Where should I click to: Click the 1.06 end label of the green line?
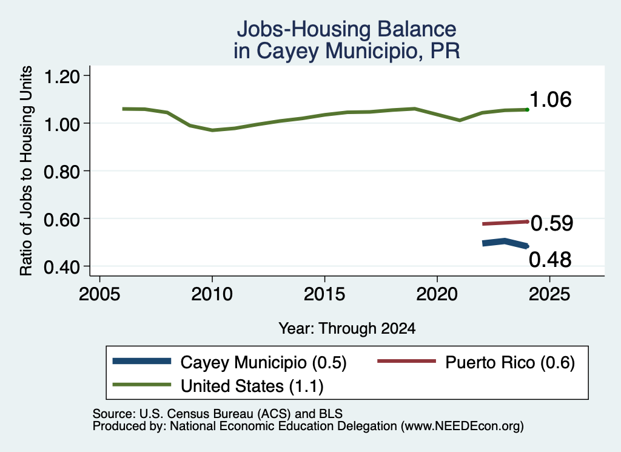550,100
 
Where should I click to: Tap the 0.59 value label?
552,223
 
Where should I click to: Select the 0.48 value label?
550,260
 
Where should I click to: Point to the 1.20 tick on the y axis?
62,76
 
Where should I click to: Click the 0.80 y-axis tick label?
62,172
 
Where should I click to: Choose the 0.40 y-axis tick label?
62,268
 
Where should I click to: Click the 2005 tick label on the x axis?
99,294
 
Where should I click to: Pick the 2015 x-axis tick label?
324,294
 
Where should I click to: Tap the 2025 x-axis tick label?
549,294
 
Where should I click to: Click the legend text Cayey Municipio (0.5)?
263,362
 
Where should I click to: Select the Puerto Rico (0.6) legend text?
510,362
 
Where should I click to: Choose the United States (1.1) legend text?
252,386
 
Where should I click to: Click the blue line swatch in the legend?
142,361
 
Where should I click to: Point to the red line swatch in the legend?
406,361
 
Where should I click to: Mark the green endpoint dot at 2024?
527,109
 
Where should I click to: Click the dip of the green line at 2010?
212,130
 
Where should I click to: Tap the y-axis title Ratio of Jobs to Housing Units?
26,170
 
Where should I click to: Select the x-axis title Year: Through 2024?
347,328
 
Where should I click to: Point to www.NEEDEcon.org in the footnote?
462,427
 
